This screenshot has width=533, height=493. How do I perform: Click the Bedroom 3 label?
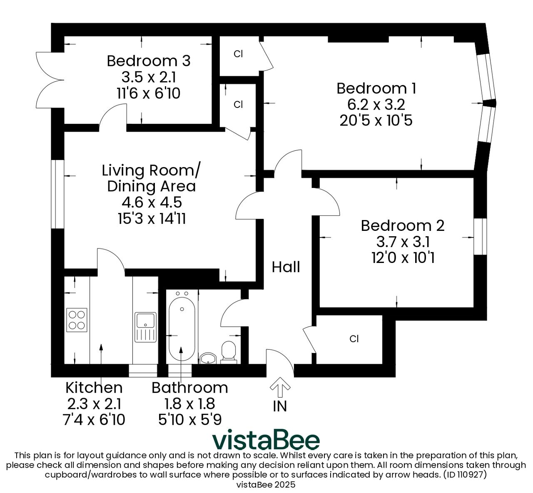click(148, 61)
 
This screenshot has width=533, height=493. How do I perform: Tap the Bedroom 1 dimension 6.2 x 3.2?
click(376, 105)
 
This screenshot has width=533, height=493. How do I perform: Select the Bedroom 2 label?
click(403, 226)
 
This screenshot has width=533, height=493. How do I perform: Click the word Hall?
click(286, 267)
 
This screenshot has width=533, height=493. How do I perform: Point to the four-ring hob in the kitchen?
click(77, 320)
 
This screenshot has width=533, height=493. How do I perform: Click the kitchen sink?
click(145, 327)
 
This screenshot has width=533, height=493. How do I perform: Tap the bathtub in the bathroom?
click(182, 327)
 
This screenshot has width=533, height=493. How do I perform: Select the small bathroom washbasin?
click(208, 358)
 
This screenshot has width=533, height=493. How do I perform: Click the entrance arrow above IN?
click(280, 387)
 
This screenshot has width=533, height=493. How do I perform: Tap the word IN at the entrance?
click(280, 406)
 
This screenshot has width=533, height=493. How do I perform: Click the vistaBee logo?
click(266, 439)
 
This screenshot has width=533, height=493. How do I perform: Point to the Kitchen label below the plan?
click(94, 388)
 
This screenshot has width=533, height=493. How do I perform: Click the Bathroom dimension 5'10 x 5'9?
click(190, 420)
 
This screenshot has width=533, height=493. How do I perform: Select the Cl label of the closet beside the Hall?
click(354, 339)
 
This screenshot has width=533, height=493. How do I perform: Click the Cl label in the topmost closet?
click(238, 54)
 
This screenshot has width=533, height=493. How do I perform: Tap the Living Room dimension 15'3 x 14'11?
click(152, 218)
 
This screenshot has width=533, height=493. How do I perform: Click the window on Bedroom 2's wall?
click(480, 236)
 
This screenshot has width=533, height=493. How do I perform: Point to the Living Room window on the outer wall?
click(57, 194)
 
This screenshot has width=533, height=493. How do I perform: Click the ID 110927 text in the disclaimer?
click(465, 475)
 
